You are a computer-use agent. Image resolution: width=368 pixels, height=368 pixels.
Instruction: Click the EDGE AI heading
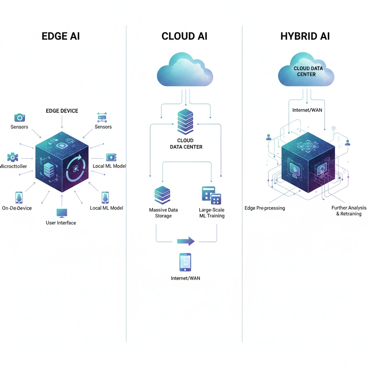[x=60, y=36]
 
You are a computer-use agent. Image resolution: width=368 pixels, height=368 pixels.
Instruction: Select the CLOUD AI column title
[x=184, y=36]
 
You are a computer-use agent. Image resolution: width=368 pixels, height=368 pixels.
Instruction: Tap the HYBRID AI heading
[x=305, y=36]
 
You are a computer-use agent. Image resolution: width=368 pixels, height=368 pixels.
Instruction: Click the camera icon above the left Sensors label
[x=19, y=118]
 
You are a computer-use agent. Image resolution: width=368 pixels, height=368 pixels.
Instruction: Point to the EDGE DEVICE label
[x=62, y=111]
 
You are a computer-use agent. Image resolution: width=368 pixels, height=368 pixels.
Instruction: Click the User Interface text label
[x=61, y=223]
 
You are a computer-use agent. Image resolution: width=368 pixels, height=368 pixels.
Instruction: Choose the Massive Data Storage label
[x=163, y=213]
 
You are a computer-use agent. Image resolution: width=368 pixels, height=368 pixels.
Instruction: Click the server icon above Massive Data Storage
[x=162, y=195]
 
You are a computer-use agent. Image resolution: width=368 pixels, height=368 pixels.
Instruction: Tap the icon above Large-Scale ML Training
[x=211, y=195]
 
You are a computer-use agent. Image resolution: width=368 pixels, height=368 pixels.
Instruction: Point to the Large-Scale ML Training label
[x=212, y=213]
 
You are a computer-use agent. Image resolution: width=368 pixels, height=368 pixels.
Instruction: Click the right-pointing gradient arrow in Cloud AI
[x=186, y=241]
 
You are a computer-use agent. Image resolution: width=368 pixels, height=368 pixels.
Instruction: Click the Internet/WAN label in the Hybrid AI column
[x=307, y=110]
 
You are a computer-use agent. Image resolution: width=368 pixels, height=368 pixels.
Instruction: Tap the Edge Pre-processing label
[x=264, y=208]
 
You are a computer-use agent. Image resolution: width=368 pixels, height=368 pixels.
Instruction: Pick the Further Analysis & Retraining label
[x=349, y=211]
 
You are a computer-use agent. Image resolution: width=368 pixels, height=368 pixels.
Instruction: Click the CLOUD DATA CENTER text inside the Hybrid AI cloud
[x=308, y=71]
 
